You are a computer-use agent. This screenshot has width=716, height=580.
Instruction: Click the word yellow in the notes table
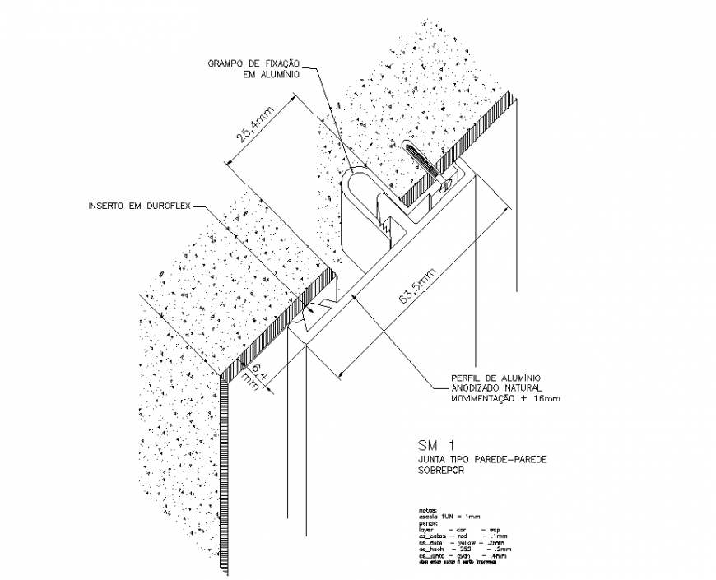(x=464, y=543)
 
